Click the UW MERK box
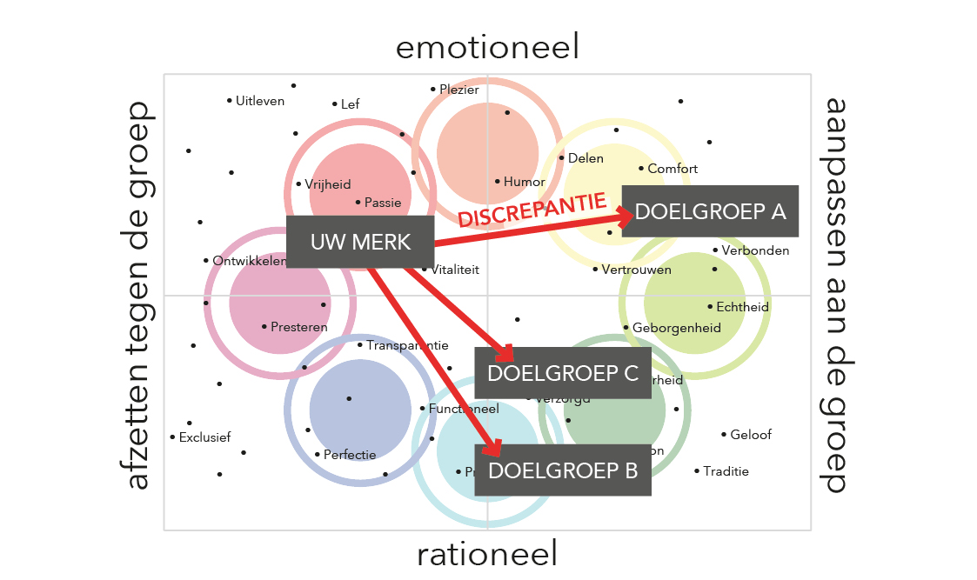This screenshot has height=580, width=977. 360,242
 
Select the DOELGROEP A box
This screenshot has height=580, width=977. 710,211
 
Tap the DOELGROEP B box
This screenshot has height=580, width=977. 563,470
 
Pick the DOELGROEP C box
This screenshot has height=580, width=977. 563,373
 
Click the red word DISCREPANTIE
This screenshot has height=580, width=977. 532,210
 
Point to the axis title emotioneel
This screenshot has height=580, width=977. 487,47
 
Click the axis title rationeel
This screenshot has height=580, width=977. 487,553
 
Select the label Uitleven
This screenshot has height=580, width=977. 260,101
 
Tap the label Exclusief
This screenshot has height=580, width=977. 204,437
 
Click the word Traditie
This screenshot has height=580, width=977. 726,471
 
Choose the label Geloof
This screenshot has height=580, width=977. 750,435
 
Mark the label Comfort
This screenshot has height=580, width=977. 673,169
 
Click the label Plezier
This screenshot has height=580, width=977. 459,90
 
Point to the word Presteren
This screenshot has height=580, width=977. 298,328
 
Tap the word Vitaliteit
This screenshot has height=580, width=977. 454,270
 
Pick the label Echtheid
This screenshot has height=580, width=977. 742,307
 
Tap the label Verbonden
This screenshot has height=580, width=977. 755,250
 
